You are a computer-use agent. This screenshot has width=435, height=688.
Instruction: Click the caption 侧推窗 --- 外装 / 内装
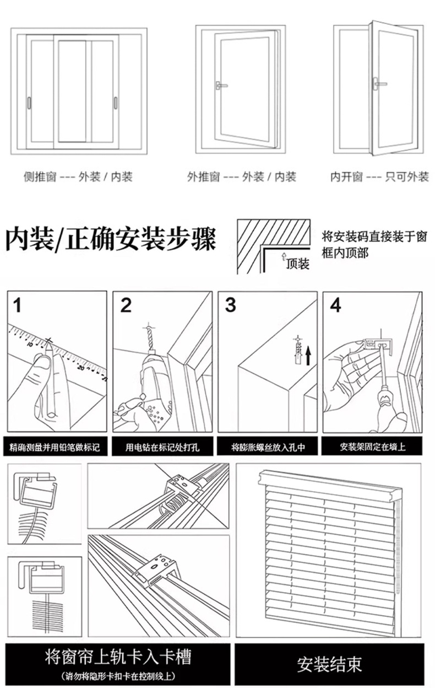(78, 177)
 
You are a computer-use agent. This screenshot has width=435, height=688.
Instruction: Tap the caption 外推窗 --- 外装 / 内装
(241, 177)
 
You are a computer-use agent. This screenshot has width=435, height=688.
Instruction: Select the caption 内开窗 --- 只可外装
(379, 177)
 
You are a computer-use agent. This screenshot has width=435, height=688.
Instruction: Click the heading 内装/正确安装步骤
(111, 240)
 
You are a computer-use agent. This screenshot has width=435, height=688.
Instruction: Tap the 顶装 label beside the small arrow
(298, 264)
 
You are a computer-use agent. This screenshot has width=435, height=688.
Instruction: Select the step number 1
(18, 305)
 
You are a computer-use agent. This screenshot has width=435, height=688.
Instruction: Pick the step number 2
(126, 305)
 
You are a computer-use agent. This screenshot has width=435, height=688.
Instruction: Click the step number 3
(231, 305)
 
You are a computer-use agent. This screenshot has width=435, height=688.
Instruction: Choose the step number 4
(335, 305)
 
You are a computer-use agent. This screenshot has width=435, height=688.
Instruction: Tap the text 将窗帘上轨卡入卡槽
(118, 657)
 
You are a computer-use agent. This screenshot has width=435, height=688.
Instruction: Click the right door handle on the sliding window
(116, 103)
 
